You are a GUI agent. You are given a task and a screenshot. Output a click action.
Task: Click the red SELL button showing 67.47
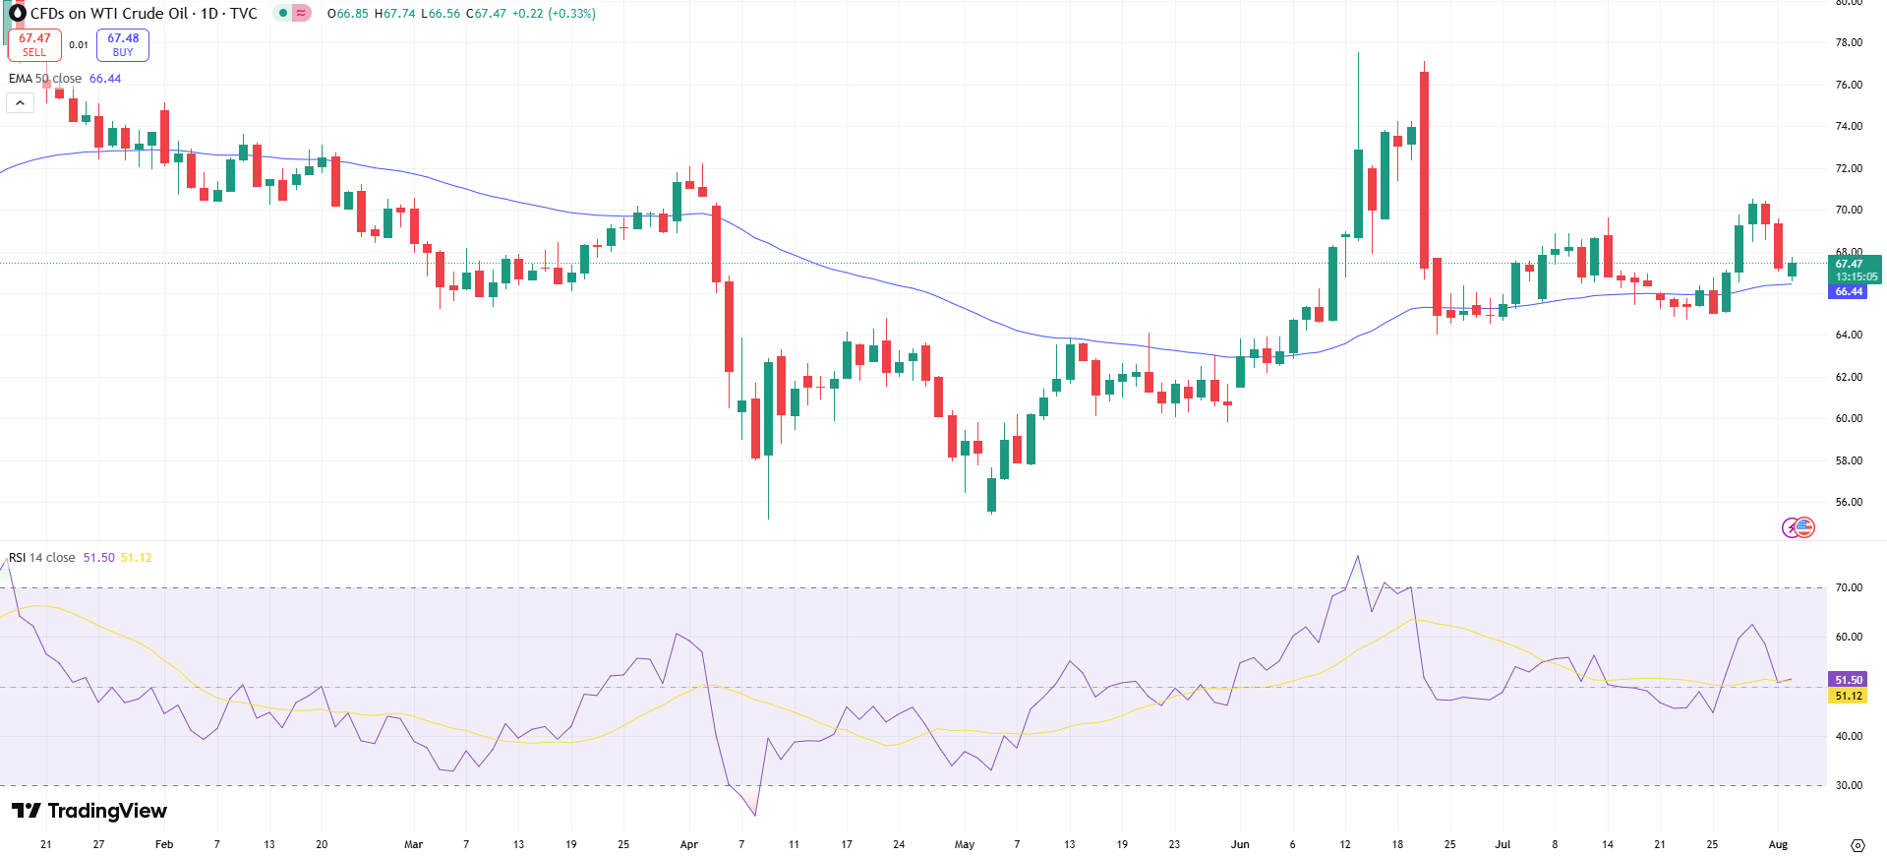(x=34, y=44)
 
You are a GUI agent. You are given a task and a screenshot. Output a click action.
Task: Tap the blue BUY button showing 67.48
(x=123, y=44)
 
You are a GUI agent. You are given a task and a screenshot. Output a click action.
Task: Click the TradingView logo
(x=89, y=811)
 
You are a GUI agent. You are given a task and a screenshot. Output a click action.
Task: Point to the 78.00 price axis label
(x=1849, y=42)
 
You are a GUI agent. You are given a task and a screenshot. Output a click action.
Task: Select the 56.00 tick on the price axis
(x=1849, y=502)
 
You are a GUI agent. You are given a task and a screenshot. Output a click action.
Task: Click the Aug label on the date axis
(x=1778, y=844)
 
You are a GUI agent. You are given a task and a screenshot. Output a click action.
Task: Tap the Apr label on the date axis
(x=688, y=844)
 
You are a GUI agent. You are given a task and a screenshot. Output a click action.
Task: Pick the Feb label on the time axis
(x=164, y=844)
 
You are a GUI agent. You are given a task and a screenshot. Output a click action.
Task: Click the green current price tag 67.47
(x=1850, y=264)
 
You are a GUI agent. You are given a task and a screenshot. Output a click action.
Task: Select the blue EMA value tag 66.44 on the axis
(x=1850, y=291)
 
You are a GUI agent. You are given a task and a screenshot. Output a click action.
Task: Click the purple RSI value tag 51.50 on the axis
(x=1849, y=680)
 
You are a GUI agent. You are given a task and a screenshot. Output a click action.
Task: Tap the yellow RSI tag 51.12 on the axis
(x=1849, y=696)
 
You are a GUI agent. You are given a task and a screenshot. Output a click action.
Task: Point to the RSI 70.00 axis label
(x=1849, y=587)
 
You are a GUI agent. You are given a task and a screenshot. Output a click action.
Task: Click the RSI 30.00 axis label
(x=1849, y=785)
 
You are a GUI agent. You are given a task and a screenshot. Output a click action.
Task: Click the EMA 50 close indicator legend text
(x=45, y=79)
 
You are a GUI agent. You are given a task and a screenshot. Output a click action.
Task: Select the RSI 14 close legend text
(x=42, y=558)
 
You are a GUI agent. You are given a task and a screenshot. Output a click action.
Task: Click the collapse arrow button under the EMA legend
(x=20, y=102)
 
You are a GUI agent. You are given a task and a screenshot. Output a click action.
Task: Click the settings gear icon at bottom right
(x=1858, y=845)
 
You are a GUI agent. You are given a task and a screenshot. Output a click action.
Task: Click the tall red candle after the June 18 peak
(x=1424, y=169)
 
